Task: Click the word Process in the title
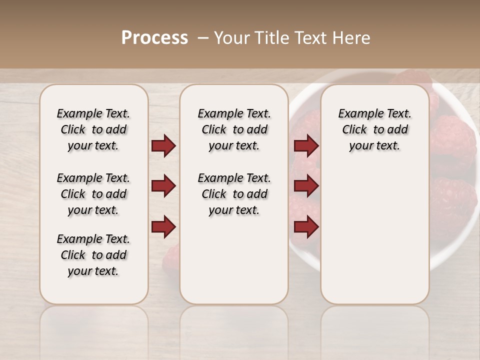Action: click(154, 38)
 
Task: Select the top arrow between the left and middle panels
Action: click(163, 146)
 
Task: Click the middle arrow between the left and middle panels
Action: click(163, 186)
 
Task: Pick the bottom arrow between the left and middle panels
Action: click(163, 226)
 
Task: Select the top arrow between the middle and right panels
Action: click(306, 146)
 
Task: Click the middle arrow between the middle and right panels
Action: click(306, 186)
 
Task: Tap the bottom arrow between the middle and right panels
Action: click(306, 227)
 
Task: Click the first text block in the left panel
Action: click(93, 129)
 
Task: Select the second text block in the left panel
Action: click(93, 194)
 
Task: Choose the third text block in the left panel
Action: click(93, 255)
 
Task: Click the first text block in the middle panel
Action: click(234, 129)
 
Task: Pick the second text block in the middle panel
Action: click(234, 194)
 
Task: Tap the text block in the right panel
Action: click(374, 129)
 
